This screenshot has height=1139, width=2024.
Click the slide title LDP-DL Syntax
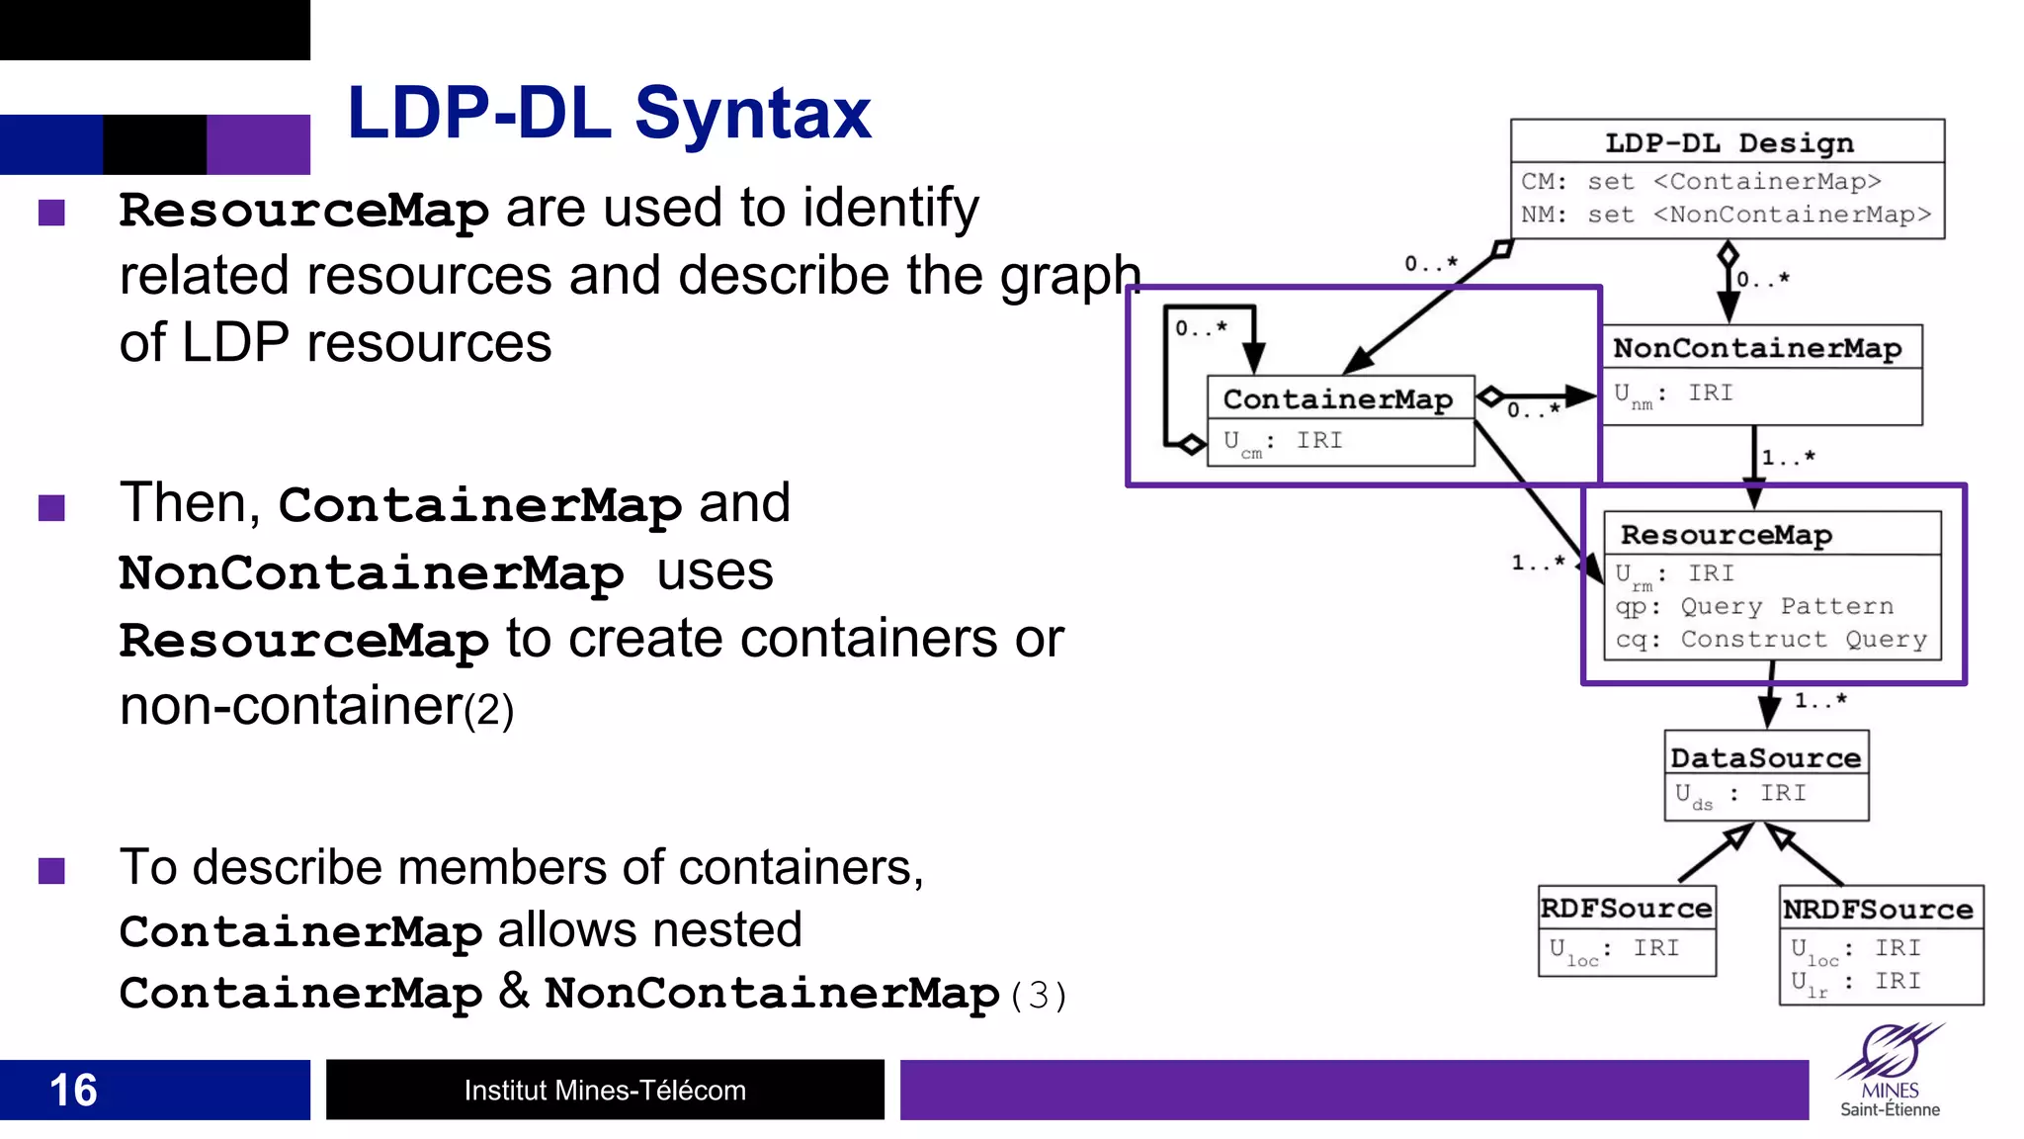(x=609, y=114)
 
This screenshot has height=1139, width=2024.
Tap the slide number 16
(x=73, y=1090)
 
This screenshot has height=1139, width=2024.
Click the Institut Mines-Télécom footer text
(x=605, y=1090)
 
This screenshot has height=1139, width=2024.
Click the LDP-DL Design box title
(x=1729, y=142)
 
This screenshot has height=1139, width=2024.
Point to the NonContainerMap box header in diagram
(x=1757, y=348)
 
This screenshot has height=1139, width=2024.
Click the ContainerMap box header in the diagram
(x=1337, y=398)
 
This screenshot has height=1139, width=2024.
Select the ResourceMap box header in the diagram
(x=1726, y=535)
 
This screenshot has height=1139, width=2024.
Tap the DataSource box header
(x=1765, y=757)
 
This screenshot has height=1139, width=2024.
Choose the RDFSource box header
(x=1626, y=908)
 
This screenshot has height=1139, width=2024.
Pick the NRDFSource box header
(x=1878, y=909)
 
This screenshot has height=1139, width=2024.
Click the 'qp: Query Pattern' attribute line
(x=1754, y=606)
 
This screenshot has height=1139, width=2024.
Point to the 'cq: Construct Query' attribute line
(x=1770, y=640)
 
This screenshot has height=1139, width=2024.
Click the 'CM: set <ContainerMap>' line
(x=1700, y=182)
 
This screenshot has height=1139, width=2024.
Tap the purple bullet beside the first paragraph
(x=51, y=213)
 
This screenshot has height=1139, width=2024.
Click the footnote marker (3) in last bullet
(x=1038, y=995)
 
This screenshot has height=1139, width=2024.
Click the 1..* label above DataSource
(x=1819, y=700)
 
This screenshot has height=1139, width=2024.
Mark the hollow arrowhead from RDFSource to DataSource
(x=1736, y=838)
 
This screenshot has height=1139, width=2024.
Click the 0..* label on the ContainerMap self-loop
(x=1200, y=328)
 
